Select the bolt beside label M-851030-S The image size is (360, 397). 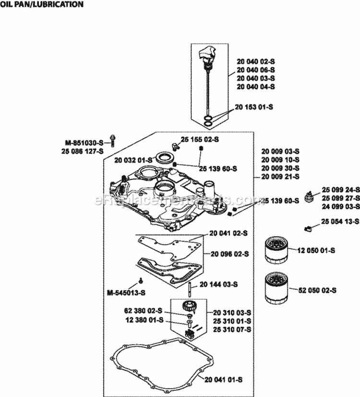112,140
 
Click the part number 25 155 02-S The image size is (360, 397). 200,139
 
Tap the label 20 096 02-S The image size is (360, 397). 229,253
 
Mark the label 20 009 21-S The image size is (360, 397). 280,177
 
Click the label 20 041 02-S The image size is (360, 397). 228,233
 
